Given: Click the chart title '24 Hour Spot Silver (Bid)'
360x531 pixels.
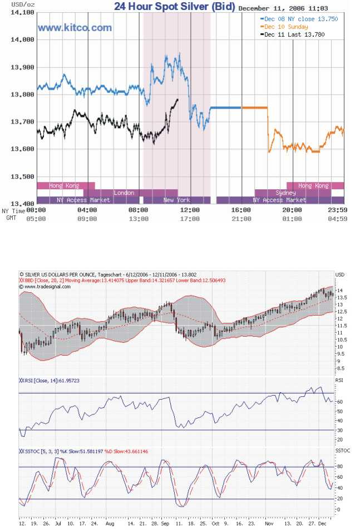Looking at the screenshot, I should [x=175, y=7].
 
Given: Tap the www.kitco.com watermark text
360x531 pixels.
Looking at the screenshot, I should [x=75, y=27].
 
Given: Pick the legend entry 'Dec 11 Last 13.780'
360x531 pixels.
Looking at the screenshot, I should [x=294, y=35].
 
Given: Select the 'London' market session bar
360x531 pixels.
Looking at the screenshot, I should [x=124, y=193].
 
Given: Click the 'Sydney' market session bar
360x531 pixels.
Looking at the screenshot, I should [x=285, y=193].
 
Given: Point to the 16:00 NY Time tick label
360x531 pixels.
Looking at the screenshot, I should [x=241, y=210].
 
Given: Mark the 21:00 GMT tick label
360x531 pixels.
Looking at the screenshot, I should [x=241, y=219].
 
